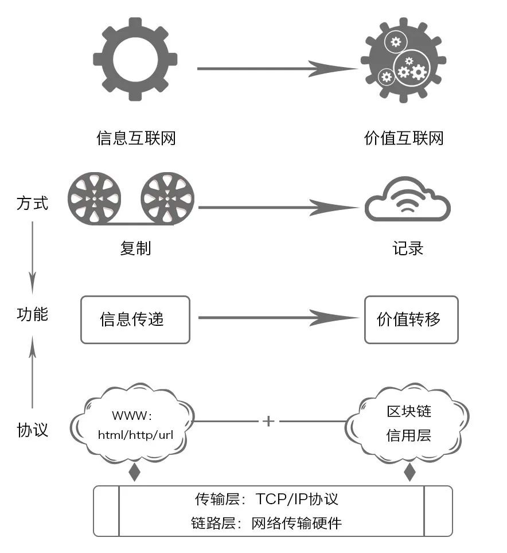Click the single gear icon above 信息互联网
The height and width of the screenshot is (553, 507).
[x=135, y=59]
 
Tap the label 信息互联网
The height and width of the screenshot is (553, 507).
[x=136, y=138]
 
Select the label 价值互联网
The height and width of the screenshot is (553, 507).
[x=404, y=138]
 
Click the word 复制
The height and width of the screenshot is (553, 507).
[x=136, y=248]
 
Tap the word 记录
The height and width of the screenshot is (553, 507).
[x=408, y=248]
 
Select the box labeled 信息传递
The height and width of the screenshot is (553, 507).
[x=135, y=320]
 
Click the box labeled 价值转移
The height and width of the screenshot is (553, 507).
[x=411, y=320]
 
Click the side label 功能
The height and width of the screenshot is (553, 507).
[x=32, y=314]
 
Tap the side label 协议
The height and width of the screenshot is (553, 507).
[x=32, y=430]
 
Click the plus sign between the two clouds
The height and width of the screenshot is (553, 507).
[x=268, y=422]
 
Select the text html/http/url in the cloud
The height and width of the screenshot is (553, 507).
[x=135, y=435]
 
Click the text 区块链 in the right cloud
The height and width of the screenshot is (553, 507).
[x=408, y=412]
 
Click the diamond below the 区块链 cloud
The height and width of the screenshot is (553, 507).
[x=409, y=473]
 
